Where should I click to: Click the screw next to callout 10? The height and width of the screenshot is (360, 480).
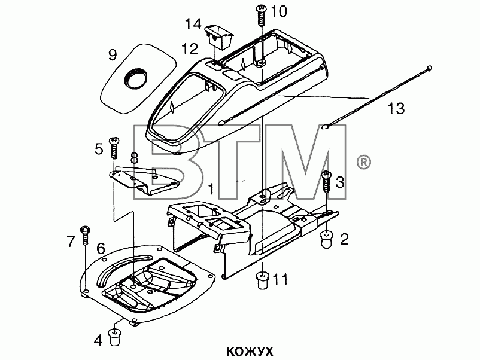[261, 16]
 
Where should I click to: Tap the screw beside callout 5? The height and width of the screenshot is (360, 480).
[114, 148]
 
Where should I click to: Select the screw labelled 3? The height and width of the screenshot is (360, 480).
[327, 182]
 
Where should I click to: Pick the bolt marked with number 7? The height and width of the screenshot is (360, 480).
[84, 235]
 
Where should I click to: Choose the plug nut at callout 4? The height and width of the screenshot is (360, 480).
[114, 337]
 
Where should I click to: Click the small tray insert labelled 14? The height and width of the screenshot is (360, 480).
[220, 36]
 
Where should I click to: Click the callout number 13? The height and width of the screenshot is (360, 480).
[396, 109]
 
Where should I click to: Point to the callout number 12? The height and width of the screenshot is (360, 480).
[190, 49]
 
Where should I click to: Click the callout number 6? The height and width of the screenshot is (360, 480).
[101, 249]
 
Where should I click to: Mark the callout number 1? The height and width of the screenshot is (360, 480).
[211, 190]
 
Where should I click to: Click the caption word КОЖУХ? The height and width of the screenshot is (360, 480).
[250, 352]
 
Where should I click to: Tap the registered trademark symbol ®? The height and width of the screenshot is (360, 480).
[363, 163]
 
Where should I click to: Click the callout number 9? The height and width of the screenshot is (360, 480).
[113, 55]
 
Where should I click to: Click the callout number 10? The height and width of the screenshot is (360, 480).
[278, 11]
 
